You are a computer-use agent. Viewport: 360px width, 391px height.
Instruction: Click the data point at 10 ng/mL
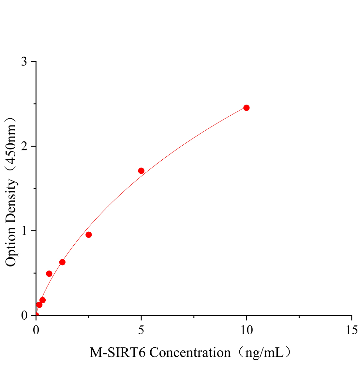coord(246,108)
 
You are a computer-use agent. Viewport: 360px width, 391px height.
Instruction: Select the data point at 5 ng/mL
coord(141,171)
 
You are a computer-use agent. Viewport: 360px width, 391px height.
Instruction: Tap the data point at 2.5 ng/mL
coord(88,235)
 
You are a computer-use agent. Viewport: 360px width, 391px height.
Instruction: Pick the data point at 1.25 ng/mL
coord(62,262)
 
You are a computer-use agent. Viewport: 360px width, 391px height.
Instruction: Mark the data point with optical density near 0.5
coord(49,273)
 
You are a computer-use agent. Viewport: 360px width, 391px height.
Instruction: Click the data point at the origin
coord(36,315)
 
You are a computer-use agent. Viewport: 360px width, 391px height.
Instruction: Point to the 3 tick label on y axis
coord(24,62)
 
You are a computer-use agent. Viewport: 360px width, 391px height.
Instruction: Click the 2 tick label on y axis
coord(24,146)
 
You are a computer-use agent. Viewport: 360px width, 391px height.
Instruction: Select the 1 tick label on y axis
coord(24,231)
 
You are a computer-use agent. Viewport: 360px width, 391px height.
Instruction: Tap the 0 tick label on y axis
coord(24,315)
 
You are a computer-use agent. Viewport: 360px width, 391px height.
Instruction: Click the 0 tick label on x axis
coord(36,330)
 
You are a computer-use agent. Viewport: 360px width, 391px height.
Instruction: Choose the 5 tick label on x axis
coord(141,330)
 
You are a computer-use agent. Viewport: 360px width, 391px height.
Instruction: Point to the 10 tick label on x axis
coord(246,330)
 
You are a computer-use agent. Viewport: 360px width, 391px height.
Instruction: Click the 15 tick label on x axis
coord(352,330)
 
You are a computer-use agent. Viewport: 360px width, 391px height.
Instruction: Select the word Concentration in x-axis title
coord(190,353)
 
